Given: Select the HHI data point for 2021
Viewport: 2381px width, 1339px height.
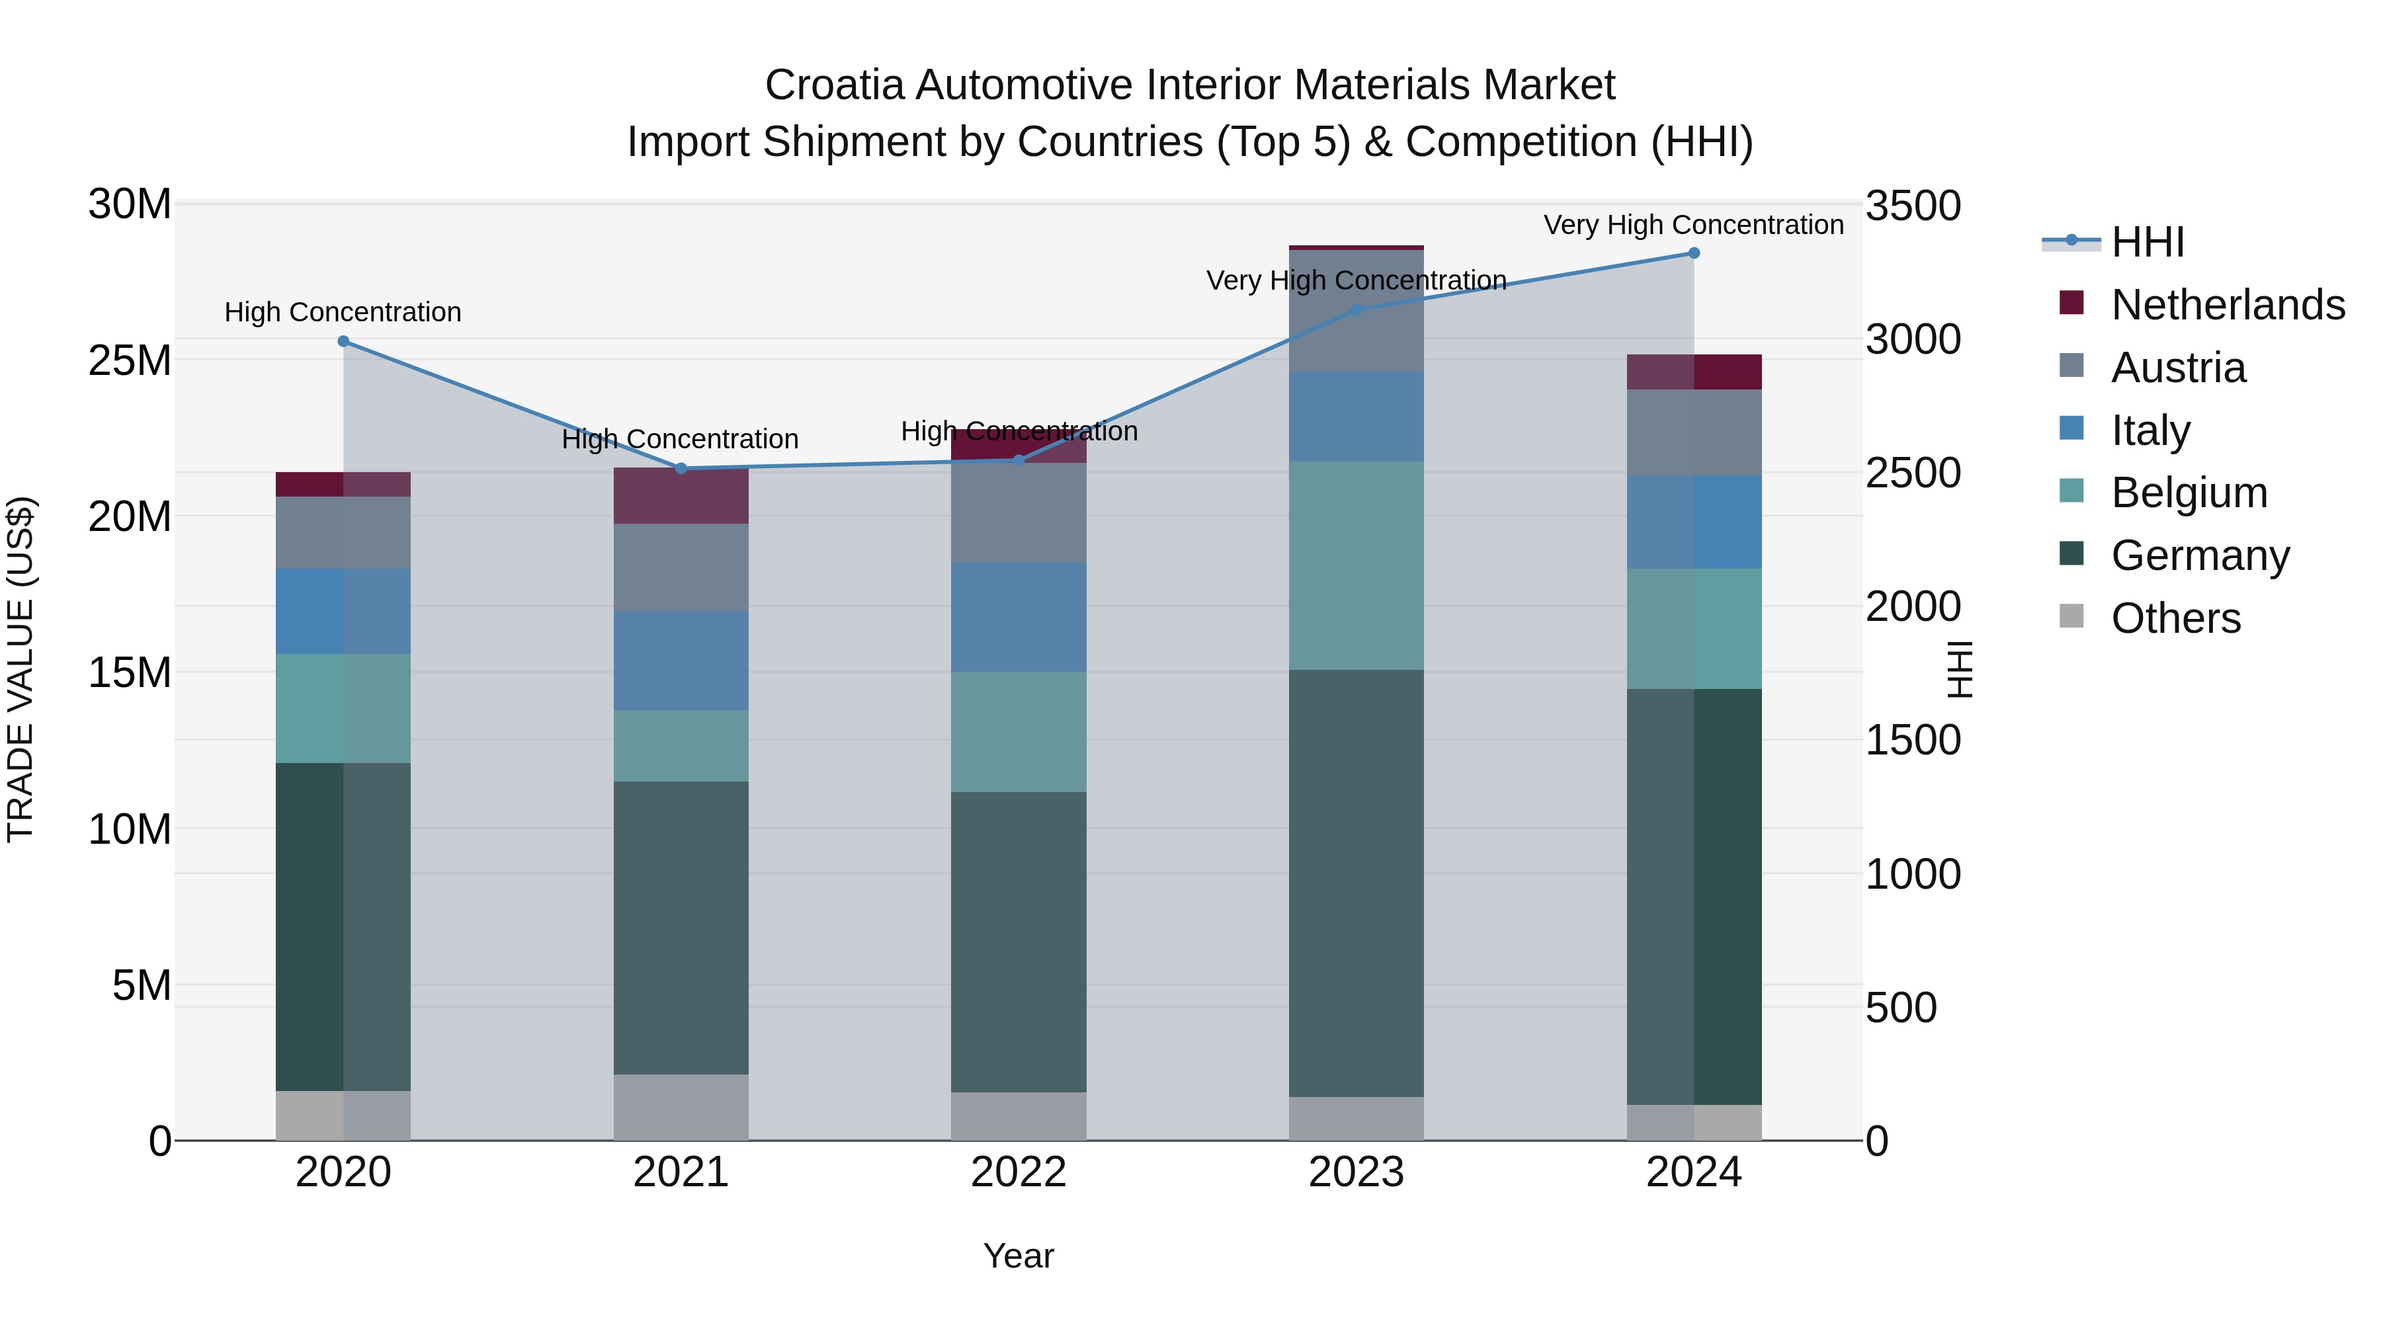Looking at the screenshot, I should tap(681, 469).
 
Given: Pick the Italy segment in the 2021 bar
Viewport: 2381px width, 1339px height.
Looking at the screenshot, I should tap(681, 660).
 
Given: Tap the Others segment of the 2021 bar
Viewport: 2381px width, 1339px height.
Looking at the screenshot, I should tap(681, 1106).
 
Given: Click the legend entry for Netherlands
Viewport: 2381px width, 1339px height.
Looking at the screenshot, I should tap(2228, 305).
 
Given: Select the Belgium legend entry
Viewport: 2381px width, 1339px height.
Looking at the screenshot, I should tap(2189, 493).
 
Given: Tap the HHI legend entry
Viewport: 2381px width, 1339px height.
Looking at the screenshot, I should tap(2147, 242).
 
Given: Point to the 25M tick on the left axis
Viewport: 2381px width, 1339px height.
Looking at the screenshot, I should tap(130, 360).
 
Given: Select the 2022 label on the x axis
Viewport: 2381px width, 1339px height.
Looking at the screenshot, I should tap(1019, 1172).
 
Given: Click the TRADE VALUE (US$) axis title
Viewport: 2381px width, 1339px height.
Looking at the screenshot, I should tap(21, 669).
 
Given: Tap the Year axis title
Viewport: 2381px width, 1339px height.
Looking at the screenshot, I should tap(1019, 1256).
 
